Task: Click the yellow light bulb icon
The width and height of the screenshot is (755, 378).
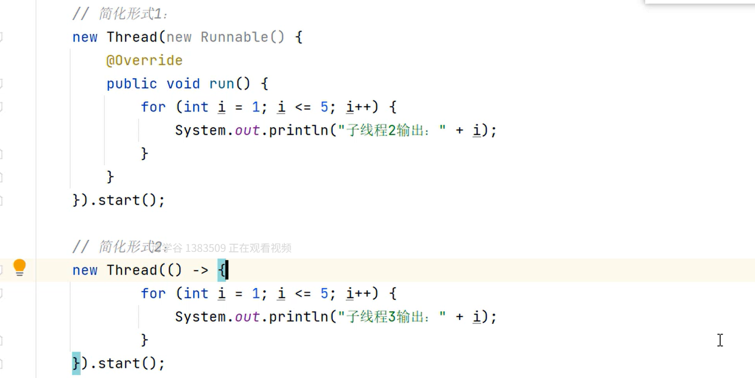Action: [20, 267]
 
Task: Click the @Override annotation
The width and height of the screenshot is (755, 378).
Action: [144, 61]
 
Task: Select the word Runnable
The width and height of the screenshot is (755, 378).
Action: [234, 37]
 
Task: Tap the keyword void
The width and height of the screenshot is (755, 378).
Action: [183, 84]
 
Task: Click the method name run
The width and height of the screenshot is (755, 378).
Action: [222, 84]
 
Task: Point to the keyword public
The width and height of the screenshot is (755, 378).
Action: [132, 84]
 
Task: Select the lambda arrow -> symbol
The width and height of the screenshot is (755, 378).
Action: [200, 270]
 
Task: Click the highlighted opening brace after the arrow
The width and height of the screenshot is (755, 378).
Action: [222, 270]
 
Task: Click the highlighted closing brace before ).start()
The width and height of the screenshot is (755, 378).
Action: [76, 364]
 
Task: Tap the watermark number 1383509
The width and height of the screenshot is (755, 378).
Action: [205, 248]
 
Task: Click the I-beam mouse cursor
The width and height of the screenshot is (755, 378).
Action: [720, 340]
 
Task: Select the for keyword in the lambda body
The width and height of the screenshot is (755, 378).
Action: [153, 293]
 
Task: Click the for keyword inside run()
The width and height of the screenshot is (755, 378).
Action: [153, 107]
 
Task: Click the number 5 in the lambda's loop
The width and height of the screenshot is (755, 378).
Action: [324, 293]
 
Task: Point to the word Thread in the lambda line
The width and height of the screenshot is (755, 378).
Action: [132, 270]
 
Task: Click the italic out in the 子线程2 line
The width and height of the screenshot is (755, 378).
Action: [247, 130]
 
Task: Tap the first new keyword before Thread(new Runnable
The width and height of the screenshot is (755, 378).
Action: [85, 37]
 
